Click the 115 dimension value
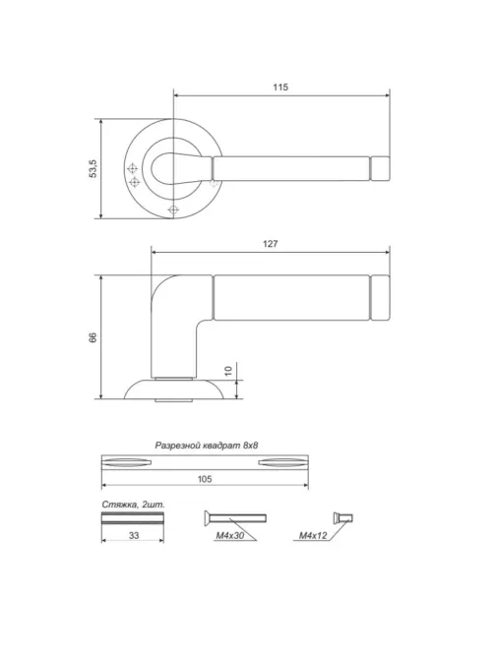point(280,88)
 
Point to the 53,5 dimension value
point(93,168)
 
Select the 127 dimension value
point(271,244)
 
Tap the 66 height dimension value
point(93,337)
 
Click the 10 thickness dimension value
point(228,371)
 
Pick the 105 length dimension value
point(205,479)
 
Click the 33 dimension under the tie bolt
point(134,535)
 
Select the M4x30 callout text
point(229,535)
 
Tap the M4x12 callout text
point(313,535)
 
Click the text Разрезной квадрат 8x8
point(207,446)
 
